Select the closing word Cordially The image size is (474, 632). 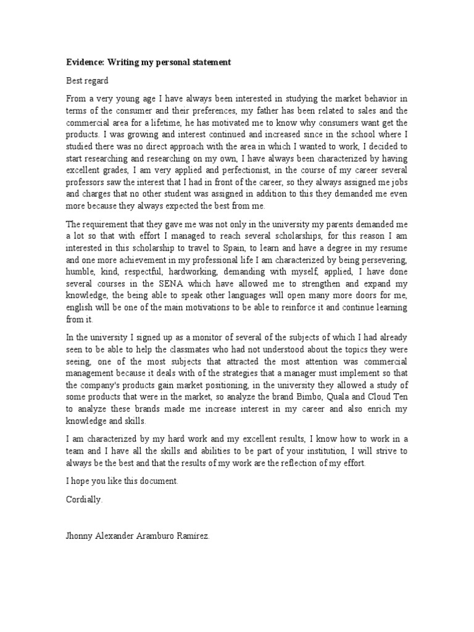[x=85, y=500]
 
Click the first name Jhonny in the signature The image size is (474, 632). [x=81, y=536]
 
